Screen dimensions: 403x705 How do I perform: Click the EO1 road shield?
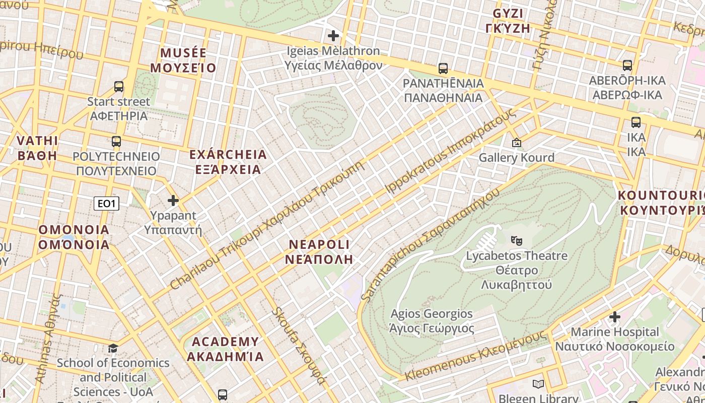106,204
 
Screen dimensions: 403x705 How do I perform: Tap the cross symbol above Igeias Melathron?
333,36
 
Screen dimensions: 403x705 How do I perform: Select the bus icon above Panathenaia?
443,69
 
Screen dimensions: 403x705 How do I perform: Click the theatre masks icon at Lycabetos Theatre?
516,241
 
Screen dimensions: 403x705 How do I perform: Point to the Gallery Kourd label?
516,158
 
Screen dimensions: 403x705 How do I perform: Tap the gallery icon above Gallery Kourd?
516,143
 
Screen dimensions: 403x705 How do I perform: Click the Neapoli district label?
319,252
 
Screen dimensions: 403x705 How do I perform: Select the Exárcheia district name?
228,162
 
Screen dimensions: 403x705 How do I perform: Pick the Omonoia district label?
74,237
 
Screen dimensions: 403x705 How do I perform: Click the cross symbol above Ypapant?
173,200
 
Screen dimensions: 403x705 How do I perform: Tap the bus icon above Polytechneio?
116,142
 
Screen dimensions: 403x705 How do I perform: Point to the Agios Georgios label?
432,321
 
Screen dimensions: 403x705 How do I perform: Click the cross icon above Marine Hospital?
614,317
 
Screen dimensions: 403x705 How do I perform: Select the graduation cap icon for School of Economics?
113,348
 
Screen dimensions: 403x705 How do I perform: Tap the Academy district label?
225,349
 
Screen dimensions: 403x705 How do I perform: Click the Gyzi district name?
508,21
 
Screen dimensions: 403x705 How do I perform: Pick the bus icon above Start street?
119,87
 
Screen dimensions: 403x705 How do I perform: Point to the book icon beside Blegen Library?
538,384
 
